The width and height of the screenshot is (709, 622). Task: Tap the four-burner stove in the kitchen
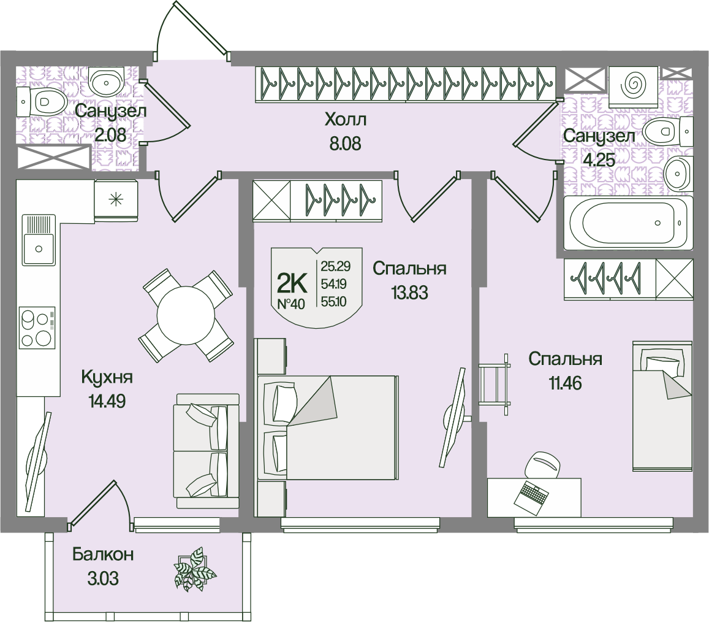pos(37,328)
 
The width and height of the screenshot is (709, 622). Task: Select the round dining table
pos(186,315)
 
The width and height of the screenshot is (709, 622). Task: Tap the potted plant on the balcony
pos(194,569)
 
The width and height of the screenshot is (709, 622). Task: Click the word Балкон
pos(103,555)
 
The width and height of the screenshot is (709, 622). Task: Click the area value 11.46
pos(564,384)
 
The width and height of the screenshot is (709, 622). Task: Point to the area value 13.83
pos(409,292)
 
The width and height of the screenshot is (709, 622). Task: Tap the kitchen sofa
pos(207,451)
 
